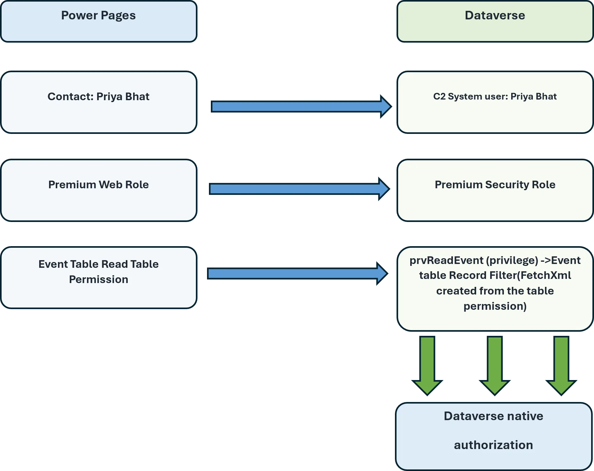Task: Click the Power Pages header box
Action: click(99, 21)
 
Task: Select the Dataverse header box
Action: click(495, 21)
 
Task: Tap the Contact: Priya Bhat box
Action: click(99, 102)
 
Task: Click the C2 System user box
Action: click(495, 102)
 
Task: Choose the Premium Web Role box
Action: click(99, 190)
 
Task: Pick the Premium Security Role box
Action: click(495, 190)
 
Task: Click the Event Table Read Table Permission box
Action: click(99, 278)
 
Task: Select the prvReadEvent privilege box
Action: click(495, 289)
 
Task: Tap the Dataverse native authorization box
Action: click(494, 436)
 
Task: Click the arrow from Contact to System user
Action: click(301, 107)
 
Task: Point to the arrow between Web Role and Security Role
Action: click(299, 189)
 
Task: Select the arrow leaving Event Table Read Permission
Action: click(297, 274)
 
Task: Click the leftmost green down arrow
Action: click(427, 366)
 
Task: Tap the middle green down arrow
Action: click(495, 366)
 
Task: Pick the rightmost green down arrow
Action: click(561, 366)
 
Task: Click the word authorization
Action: click(493, 445)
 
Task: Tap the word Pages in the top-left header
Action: click(118, 16)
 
